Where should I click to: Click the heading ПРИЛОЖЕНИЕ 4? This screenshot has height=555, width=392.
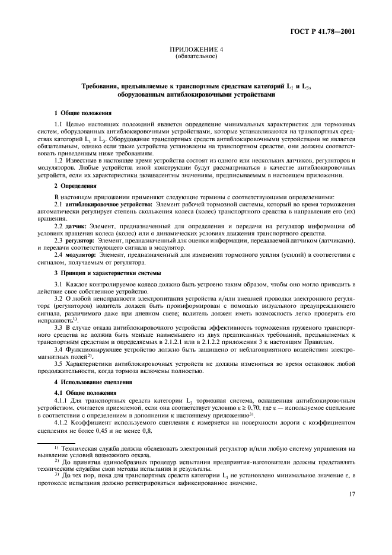(x=196, y=50)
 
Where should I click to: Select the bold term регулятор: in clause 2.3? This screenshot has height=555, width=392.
(x=81, y=241)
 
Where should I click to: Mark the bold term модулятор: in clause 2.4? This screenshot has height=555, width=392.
(x=82, y=255)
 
